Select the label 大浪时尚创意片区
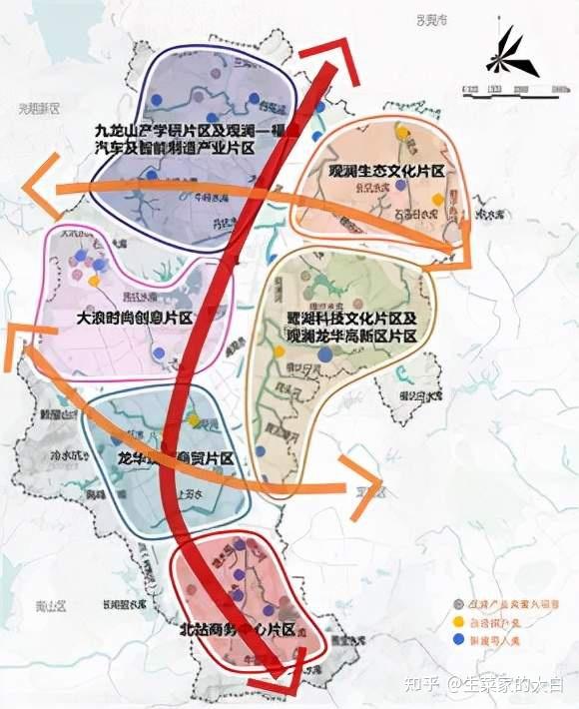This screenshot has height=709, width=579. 134,318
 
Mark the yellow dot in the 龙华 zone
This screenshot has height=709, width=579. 194,420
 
